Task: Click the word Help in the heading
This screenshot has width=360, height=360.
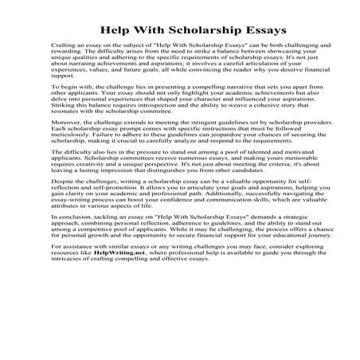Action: [x=116, y=31]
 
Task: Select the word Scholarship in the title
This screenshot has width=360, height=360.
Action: [x=196, y=31]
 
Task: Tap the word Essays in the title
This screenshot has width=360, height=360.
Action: [x=259, y=31]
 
